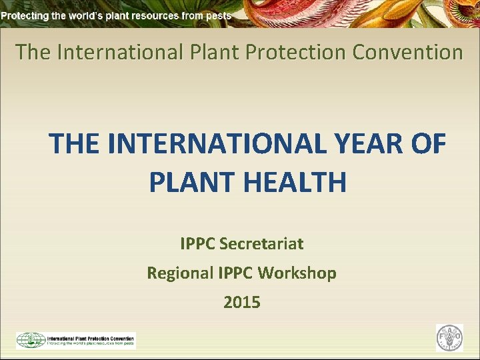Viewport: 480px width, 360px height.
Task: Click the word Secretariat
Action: pyautogui.click(x=261, y=244)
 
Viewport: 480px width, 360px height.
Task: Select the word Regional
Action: pyautogui.click(x=180, y=273)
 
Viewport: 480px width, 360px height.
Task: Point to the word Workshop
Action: pyautogui.click(x=297, y=273)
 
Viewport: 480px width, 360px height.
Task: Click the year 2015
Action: pyautogui.click(x=242, y=302)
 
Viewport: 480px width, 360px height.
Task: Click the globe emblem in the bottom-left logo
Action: pyautogui.click(x=31, y=340)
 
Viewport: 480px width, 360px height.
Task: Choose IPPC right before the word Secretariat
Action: pyautogui.click(x=197, y=244)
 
